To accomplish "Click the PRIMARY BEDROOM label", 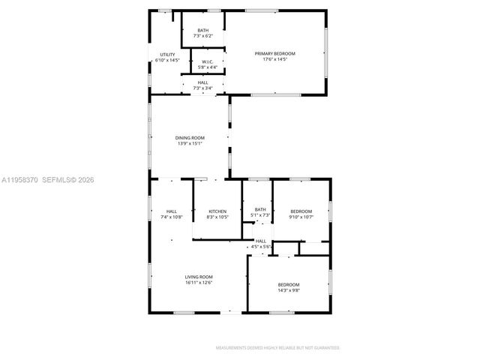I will coord(274,54).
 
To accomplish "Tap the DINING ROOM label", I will coord(190,138).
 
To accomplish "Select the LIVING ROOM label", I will coord(199,277).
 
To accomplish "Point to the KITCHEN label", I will coord(217,211).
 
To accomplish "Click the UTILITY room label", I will coord(167,55).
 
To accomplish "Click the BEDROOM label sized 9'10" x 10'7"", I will coord(301,211).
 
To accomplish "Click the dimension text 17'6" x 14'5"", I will coord(274,60).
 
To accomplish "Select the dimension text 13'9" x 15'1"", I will coord(190,144).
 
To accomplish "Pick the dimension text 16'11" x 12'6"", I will coord(199,283).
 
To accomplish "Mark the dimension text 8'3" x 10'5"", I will coord(217,217).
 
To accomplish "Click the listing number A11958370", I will coord(19,180).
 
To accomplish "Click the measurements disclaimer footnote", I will coord(277,348).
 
